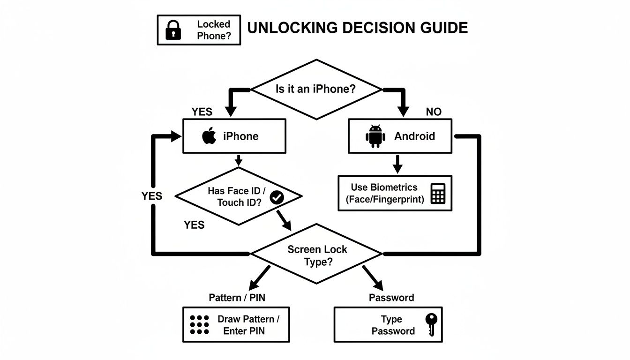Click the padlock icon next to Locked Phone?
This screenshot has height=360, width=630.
tap(173, 30)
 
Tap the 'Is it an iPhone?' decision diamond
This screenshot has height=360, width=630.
tap(316, 89)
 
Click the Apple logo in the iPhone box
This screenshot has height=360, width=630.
tap(209, 136)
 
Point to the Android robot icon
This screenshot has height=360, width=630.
tap(375, 136)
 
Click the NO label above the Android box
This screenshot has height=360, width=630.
tap(434, 112)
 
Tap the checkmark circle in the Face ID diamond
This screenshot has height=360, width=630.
tap(277, 197)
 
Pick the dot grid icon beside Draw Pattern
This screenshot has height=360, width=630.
tap(200, 325)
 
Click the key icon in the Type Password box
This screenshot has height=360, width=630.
tap(431, 324)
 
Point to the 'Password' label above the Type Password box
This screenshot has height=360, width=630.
tap(391, 298)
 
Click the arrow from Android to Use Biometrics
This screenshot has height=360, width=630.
tap(397, 164)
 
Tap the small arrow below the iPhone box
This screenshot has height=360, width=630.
tap(238, 160)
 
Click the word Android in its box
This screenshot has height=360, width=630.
tap(414, 136)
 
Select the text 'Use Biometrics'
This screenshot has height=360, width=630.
tap(384, 187)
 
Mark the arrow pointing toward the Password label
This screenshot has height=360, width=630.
tap(374, 279)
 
